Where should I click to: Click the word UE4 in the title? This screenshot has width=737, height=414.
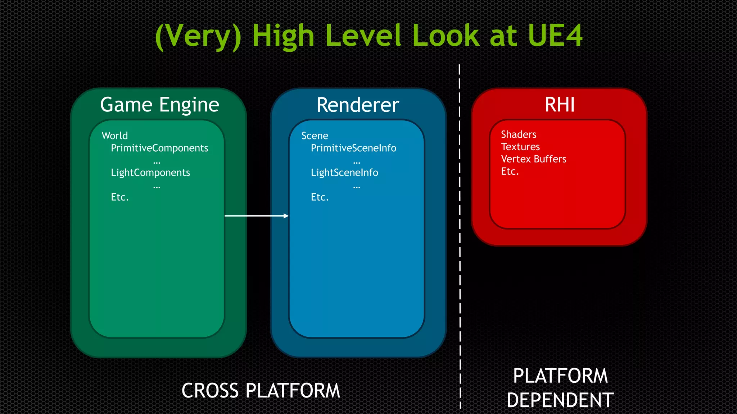tap(555, 36)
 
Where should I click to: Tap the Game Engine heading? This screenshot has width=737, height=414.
tap(159, 105)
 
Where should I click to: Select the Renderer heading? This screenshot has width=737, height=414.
tap(358, 105)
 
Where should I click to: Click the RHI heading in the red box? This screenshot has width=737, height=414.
tap(560, 105)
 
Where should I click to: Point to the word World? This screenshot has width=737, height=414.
tap(115, 136)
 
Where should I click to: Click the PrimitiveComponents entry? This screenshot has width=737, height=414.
tap(159, 148)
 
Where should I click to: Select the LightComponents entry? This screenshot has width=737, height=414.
tap(150, 172)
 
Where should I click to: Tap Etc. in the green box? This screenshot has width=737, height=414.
tap(120, 197)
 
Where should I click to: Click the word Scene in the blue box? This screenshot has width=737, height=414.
tap(315, 136)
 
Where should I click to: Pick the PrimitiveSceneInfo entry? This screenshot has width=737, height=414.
tap(353, 148)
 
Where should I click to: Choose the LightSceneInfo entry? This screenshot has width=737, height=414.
tap(344, 172)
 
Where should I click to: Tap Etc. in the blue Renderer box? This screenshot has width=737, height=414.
tap(320, 197)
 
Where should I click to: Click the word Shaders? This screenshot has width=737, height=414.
tap(519, 134)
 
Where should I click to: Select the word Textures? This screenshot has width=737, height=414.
tap(520, 147)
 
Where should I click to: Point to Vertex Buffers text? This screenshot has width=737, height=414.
tap(534, 159)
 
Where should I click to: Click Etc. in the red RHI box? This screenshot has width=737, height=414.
tap(510, 171)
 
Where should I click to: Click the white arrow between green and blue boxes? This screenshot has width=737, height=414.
tap(256, 216)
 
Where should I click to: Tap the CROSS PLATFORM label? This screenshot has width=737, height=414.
tap(261, 391)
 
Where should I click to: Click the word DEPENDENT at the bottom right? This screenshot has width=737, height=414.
tap(560, 400)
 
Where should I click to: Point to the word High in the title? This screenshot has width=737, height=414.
tap(283, 36)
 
